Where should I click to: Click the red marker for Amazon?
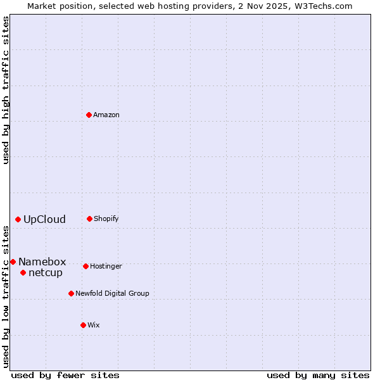pyautogui.click(x=89, y=115)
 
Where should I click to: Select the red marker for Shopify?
pyautogui.click(x=89, y=218)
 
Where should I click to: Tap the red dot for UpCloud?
pyautogui.click(x=18, y=219)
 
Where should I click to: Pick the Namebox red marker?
pyautogui.click(x=13, y=262)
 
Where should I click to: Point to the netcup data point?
pyautogui.click(x=23, y=272)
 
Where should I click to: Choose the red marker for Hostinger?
pyautogui.click(x=85, y=266)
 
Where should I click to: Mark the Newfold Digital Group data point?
pyautogui.click(x=71, y=293)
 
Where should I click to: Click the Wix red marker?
pyautogui.click(x=83, y=325)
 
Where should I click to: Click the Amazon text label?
pyautogui.click(x=106, y=115)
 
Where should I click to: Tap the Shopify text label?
pyautogui.click(x=106, y=219)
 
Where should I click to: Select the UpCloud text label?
pyautogui.click(x=44, y=220)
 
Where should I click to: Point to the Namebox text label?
pyautogui.click(x=42, y=262)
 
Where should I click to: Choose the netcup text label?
pyautogui.click(x=46, y=273)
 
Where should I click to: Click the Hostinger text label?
pyautogui.click(x=106, y=267)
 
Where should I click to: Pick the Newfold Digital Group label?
pyautogui.click(x=112, y=294)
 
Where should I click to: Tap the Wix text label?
pyautogui.click(x=94, y=326)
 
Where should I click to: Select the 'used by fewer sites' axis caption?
pyautogui.click(x=65, y=375)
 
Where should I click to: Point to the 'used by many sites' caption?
pyautogui.click(x=318, y=375)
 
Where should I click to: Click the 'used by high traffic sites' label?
pyautogui.click(x=6, y=90)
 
